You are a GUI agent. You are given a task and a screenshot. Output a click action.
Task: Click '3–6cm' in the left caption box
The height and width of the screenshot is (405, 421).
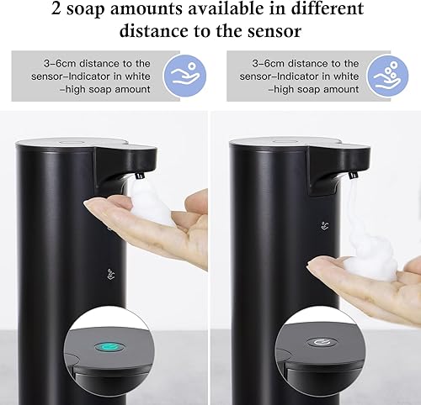pyautogui.click(x=68, y=64)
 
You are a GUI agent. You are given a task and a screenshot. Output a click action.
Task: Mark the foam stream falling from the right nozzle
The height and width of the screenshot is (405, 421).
pyautogui.click(x=348, y=210)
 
